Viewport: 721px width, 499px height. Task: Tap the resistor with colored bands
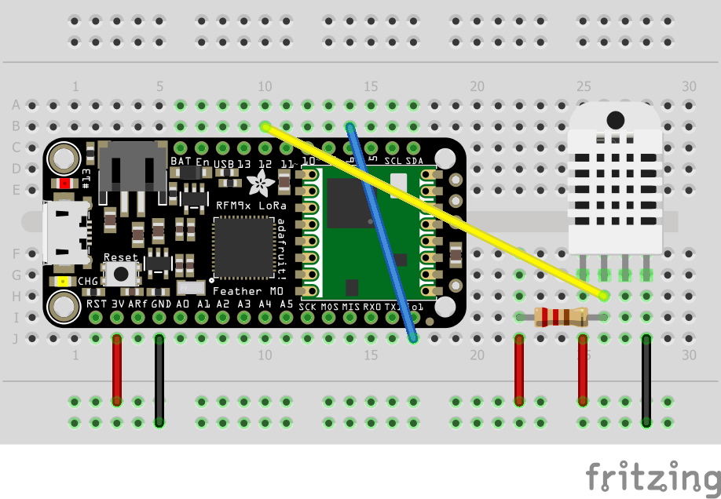coord(561,317)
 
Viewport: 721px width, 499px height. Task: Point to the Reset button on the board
coord(123,273)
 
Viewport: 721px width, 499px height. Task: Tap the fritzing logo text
coord(652,475)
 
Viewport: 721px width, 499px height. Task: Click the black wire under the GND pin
coord(159,381)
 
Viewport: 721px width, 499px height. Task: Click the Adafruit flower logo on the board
coord(257,184)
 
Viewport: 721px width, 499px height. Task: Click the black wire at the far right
coord(646,381)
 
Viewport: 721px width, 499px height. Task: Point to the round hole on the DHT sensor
coord(616,120)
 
